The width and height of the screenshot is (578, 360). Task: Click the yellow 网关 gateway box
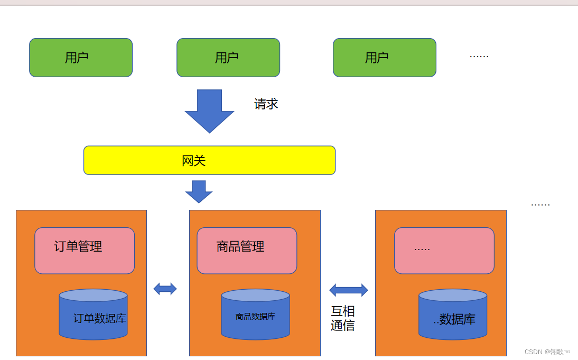pos(209,160)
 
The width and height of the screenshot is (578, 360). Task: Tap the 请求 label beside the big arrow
pos(266,104)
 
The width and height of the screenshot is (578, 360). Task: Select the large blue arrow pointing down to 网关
pos(209,110)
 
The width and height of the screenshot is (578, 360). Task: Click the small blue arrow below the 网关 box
pos(199,191)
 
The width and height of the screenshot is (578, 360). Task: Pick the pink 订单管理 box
pos(85,251)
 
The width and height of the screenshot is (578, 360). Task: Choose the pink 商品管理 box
pos(247,251)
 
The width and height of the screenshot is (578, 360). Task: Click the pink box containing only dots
pos(444,251)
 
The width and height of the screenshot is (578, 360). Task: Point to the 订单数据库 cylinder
pos(94,314)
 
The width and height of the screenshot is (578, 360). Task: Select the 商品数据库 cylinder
pos(256,314)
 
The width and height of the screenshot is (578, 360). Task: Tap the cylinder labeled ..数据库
pos(453,314)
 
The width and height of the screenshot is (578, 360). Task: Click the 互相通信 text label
pos(343,318)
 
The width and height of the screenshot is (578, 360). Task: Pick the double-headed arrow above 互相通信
pos(348,290)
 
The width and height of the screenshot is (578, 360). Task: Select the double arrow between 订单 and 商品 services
pos(165,289)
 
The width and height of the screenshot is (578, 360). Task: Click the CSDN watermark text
pos(547,352)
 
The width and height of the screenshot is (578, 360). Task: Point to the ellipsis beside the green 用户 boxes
pos(479,57)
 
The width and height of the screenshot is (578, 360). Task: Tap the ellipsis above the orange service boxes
pos(540,205)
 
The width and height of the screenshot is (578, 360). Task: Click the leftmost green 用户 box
pos(81,58)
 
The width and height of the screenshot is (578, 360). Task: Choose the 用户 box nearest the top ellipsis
pos(385,58)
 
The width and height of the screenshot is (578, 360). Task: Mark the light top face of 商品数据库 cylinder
pos(256,295)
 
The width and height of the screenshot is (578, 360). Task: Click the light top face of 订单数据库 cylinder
pos(94,295)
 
